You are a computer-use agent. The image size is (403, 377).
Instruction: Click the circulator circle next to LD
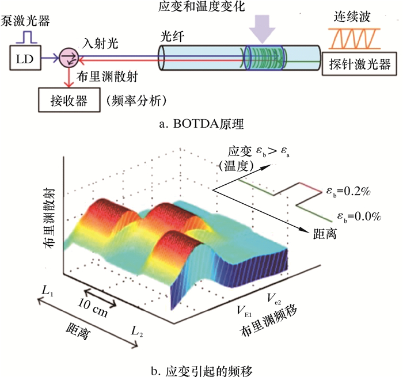tap(69, 57)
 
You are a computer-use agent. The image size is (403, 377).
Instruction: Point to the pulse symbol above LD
tap(27, 37)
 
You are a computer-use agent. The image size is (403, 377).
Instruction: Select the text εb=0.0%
tap(359, 216)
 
